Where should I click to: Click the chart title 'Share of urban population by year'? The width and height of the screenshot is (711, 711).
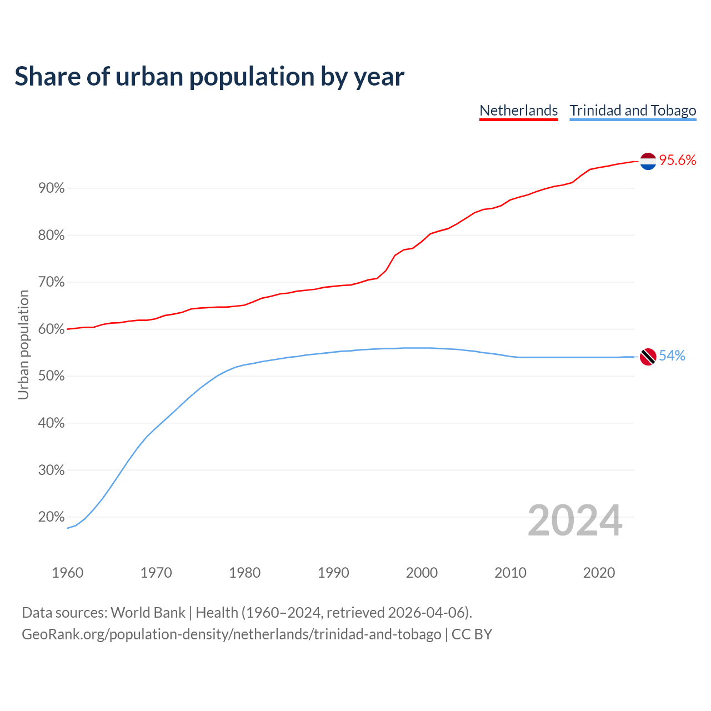click(x=209, y=77)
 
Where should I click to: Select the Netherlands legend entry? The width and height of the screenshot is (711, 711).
click(x=518, y=111)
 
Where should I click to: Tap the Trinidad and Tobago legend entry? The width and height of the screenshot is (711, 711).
click(x=633, y=111)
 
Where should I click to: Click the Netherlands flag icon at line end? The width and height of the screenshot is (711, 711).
click(x=648, y=161)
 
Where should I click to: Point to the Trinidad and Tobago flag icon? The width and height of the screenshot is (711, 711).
click(x=648, y=356)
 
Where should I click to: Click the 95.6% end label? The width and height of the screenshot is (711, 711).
click(x=678, y=161)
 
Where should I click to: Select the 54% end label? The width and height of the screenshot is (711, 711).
click(x=672, y=356)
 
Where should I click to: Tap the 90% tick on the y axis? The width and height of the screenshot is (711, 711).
click(x=52, y=188)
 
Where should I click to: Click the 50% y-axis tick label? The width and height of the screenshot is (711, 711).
click(x=52, y=376)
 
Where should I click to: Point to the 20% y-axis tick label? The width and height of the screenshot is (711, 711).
click(x=52, y=517)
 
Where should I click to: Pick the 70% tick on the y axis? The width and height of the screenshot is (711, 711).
click(x=52, y=282)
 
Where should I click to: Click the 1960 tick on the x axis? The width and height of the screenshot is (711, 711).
click(x=68, y=573)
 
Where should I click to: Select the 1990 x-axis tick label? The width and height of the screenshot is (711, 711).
click(x=333, y=573)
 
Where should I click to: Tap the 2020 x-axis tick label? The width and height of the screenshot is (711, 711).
click(x=599, y=573)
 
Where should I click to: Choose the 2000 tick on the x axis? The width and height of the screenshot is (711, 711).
click(x=422, y=573)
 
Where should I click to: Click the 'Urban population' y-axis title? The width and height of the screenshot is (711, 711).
click(x=23, y=344)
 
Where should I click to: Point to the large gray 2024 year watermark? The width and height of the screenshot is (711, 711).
click(x=575, y=521)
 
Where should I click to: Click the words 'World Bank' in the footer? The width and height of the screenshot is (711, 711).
click(x=148, y=613)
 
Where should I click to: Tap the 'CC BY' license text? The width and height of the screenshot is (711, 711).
click(x=472, y=634)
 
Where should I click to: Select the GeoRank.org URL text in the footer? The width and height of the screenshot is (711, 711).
click(x=231, y=634)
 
